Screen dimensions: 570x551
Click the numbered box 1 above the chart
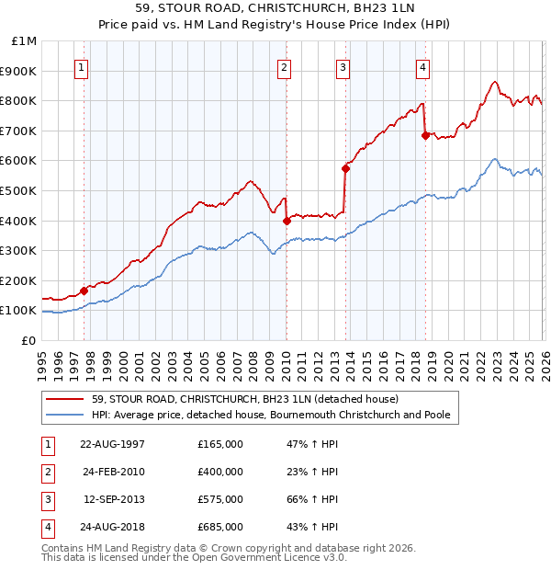tap(83, 67)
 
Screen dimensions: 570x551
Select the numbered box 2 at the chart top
tap(285, 67)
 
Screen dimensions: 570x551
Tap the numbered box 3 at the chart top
tap(343, 67)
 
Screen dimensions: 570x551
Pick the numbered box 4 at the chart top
tap(422, 67)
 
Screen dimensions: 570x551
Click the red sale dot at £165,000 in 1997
tap(84, 291)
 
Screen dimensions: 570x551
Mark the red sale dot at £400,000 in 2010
tap(287, 221)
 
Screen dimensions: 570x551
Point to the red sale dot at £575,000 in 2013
tap(345, 168)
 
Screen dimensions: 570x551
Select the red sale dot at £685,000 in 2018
tap(425, 135)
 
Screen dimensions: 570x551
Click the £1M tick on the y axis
tap(25, 41)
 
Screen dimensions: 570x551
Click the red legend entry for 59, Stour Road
tap(244, 399)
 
